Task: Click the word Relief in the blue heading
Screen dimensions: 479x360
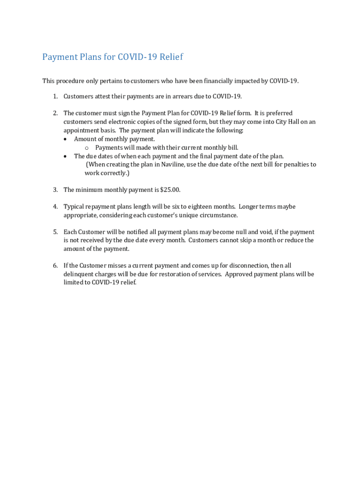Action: coord(171,57)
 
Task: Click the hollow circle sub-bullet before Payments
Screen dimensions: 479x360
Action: coord(87,148)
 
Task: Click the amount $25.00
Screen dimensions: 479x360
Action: coord(170,190)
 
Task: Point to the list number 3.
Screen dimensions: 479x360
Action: coord(55,190)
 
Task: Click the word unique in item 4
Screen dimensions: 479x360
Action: coord(185,215)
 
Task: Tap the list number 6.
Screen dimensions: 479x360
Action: coord(55,266)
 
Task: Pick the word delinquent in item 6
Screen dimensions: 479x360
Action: coord(79,274)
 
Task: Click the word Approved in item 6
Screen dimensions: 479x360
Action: coord(238,274)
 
